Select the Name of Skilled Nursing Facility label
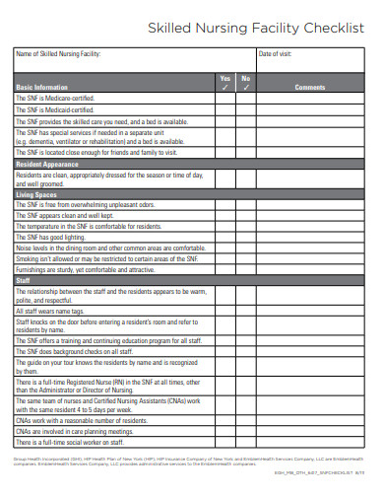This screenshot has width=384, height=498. tap(59, 54)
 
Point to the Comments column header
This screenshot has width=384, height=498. tap(309, 87)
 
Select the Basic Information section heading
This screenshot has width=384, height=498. tap(42, 87)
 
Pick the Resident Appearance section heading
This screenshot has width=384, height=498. tap(47, 163)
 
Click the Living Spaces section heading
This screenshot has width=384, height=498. tap(37, 194)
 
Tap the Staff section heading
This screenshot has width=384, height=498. tap(24, 280)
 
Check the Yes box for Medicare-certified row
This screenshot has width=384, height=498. tap(224, 99)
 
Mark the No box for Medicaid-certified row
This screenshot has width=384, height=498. tap(246, 109)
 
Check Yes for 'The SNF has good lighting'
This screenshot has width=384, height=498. tap(224, 238)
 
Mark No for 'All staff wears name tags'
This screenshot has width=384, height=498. tap(246, 310)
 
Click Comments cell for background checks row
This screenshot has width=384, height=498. tap(309, 351)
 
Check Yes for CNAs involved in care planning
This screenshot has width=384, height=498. tap(224, 432)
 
